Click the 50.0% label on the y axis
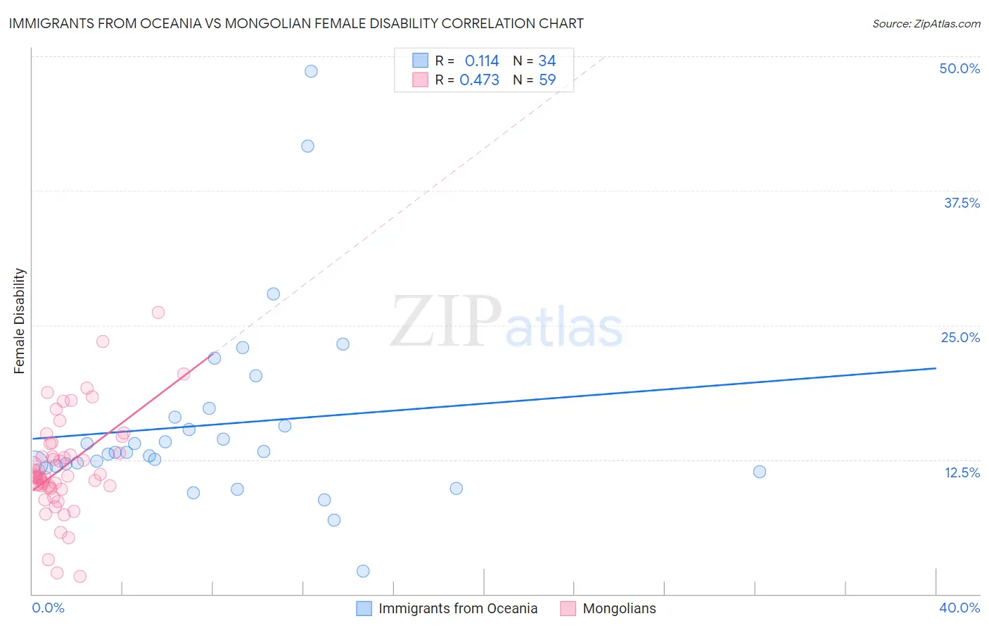[x=959, y=68]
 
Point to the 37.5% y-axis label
[x=962, y=203]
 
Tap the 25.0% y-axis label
[x=960, y=337]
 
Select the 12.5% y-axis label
[x=962, y=472]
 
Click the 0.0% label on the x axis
[x=48, y=608]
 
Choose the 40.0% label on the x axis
[x=959, y=608]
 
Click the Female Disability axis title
[x=20, y=321]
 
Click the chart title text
[x=296, y=23]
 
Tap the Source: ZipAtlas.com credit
[x=926, y=24]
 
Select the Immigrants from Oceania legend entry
[x=447, y=608]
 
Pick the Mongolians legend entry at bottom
[x=608, y=608]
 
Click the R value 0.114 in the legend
[x=482, y=61]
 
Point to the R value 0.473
[x=479, y=80]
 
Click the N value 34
[x=547, y=61]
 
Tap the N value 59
[x=547, y=80]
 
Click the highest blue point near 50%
[x=311, y=71]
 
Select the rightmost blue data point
[x=759, y=472]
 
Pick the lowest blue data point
[x=363, y=571]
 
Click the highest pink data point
[x=158, y=313]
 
